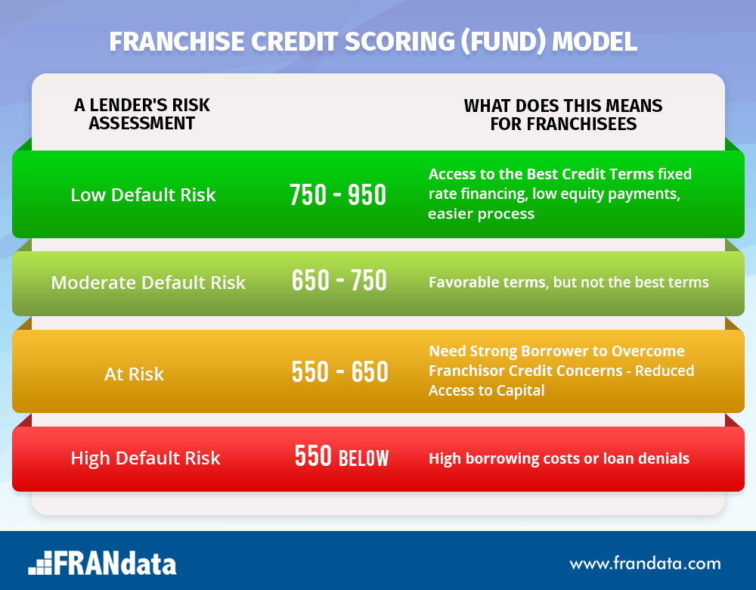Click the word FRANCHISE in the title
[x=176, y=42]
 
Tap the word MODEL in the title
[x=594, y=42]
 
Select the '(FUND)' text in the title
[x=503, y=42]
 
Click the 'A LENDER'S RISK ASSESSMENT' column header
[x=142, y=114]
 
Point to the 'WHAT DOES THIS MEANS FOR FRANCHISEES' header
[x=563, y=115]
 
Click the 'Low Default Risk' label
[x=143, y=195]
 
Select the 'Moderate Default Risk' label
[x=148, y=283]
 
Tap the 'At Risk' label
[x=134, y=374]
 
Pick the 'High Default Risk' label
[x=146, y=458]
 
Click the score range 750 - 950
[x=338, y=195]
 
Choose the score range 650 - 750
[x=339, y=281]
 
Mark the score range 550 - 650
[x=340, y=372]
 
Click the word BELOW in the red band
[x=364, y=458]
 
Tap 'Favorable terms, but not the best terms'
[x=569, y=282]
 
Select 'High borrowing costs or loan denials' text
[x=559, y=458]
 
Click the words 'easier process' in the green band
[x=481, y=214]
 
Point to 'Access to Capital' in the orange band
[x=486, y=390]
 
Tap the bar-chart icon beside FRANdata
[x=40, y=563]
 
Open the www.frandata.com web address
[x=645, y=564]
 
